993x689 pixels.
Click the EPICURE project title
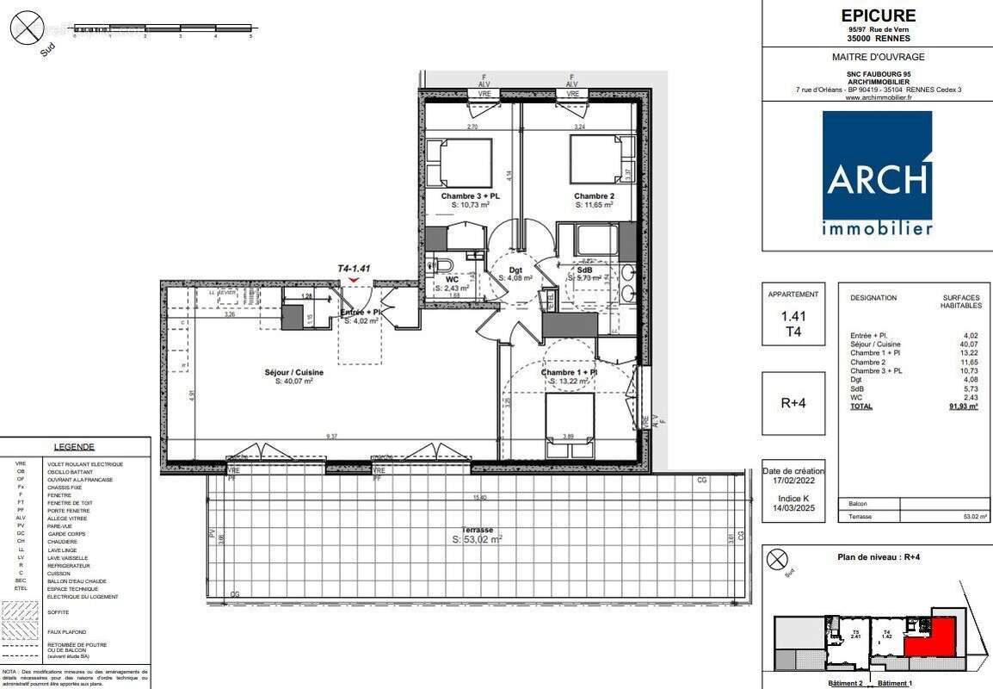tap(879, 16)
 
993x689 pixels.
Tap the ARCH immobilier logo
tap(877, 173)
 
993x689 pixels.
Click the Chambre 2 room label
tap(594, 196)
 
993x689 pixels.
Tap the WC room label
tap(451, 279)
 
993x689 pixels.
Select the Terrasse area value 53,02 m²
tap(477, 540)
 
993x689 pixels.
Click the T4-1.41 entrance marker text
tap(354, 269)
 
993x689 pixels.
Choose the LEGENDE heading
tap(74, 447)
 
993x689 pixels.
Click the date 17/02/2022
tap(793, 483)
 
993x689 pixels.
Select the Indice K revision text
tap(793, 499)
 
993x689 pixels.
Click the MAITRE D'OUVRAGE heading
tap(877, 57)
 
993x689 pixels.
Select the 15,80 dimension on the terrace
tap(478, 498)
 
